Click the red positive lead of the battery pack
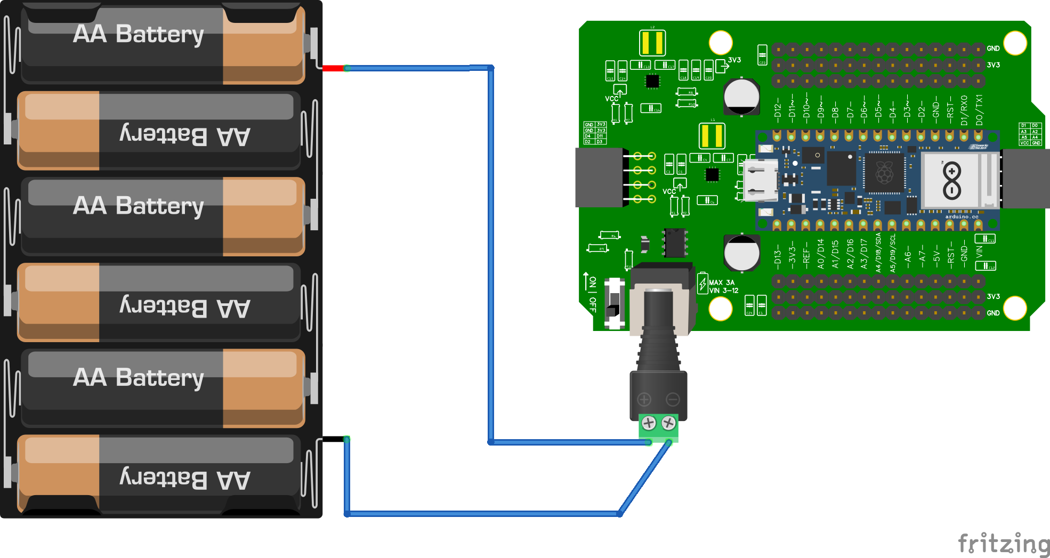[x=333, y=68]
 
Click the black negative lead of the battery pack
[x=333, y=439]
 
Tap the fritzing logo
[x=1003, y=544]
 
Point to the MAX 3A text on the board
[x=722, y=282]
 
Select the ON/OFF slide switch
[x=614, y=303]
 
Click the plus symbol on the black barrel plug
[x=644, y=399]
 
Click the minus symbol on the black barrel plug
[x=673, y=399]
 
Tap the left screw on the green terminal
[x=649, y=424]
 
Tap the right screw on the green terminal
[x=668, y=424]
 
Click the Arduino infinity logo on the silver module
[x=952, y=181]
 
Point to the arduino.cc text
[x=962, y=217]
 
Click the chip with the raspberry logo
[x=885, y=173]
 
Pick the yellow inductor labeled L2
[x=652, y=43]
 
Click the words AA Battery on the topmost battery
[x=138, y=34]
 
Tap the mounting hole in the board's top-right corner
[x=1015, y=43]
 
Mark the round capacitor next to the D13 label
[x=741, y=253]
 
